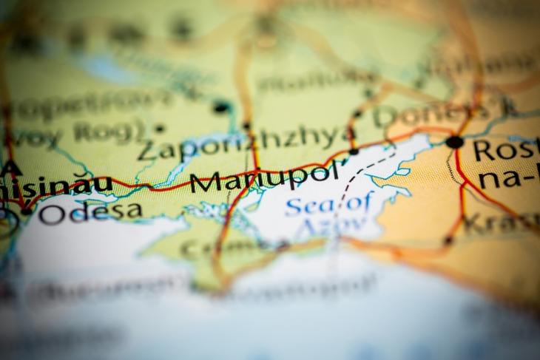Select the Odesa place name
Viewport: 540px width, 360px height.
pyautogui.click(x=90, y=212)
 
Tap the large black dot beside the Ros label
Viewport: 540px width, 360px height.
pyautogui.click(x=454, y=141)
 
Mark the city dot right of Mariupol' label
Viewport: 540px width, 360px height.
pyautogui.click(x=354, y=152)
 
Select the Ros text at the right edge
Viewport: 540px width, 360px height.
pyautogui.click(x=507, y=151)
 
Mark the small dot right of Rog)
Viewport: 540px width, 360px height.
pyautogui.click(x=160, y=128)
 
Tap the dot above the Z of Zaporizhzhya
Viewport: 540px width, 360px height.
pyautogui.click(x=220, y=107)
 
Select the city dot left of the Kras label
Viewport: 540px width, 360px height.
pyautogui.click(x=448, y=240)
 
